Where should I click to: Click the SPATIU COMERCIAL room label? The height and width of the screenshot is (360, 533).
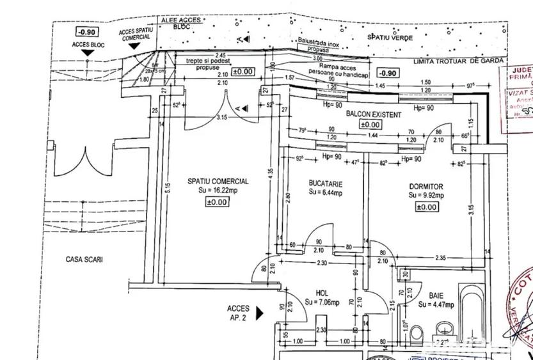[218, 182]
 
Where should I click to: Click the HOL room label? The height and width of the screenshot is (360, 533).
[322, 294]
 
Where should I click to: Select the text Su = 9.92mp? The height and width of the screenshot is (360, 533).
[427, 196]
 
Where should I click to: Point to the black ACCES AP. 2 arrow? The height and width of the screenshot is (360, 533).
[259, 313]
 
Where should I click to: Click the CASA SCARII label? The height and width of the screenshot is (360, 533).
[84, 260]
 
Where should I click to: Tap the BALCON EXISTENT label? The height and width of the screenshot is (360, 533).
[374, 115]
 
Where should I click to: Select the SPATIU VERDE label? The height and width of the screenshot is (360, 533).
[390, 38]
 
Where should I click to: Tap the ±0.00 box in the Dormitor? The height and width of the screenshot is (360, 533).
[427, 207]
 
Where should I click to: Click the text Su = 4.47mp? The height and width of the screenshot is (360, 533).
[437, 305]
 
